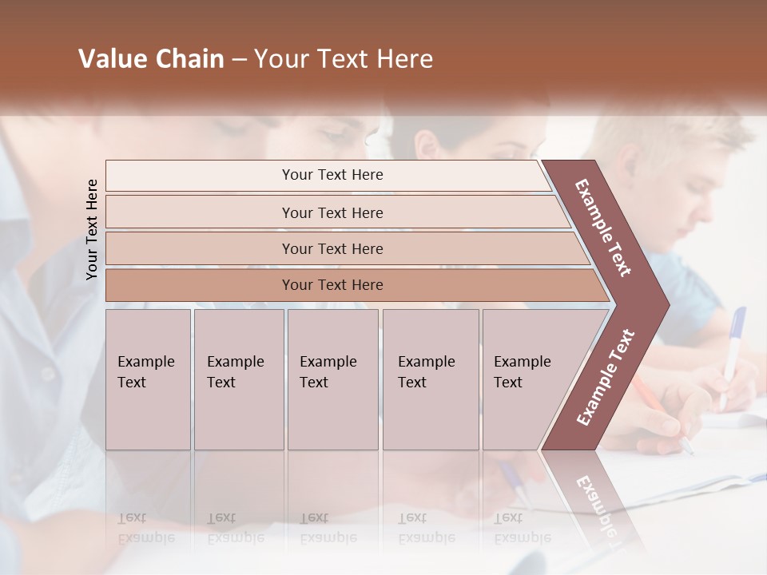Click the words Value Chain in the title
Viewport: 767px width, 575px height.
click(x=151, y=59)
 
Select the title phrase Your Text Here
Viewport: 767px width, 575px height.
click(x=344, y=59)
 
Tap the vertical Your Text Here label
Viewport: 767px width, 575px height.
click(x=92, y=229)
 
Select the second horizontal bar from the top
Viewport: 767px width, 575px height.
click(x=332, y=212)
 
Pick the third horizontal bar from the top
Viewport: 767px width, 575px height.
click(x=332, y=248)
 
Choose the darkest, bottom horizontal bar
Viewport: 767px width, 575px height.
click(x=332, y=285)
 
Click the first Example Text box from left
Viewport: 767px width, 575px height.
click(x=148, y=379)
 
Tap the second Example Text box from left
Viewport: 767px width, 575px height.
click(x=239, y=379)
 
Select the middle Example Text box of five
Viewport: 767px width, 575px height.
click(x=332, y=379)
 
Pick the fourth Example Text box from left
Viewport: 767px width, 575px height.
click(x=431, y=379)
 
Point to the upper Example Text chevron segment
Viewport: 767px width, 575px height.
click(x=604, y=228)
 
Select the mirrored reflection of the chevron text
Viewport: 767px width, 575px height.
click(x=595, y=503)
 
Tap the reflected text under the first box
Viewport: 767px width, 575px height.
click(x=146, y=527)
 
